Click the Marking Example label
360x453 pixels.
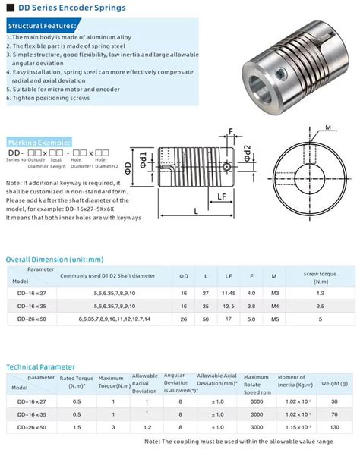coord(39,142)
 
